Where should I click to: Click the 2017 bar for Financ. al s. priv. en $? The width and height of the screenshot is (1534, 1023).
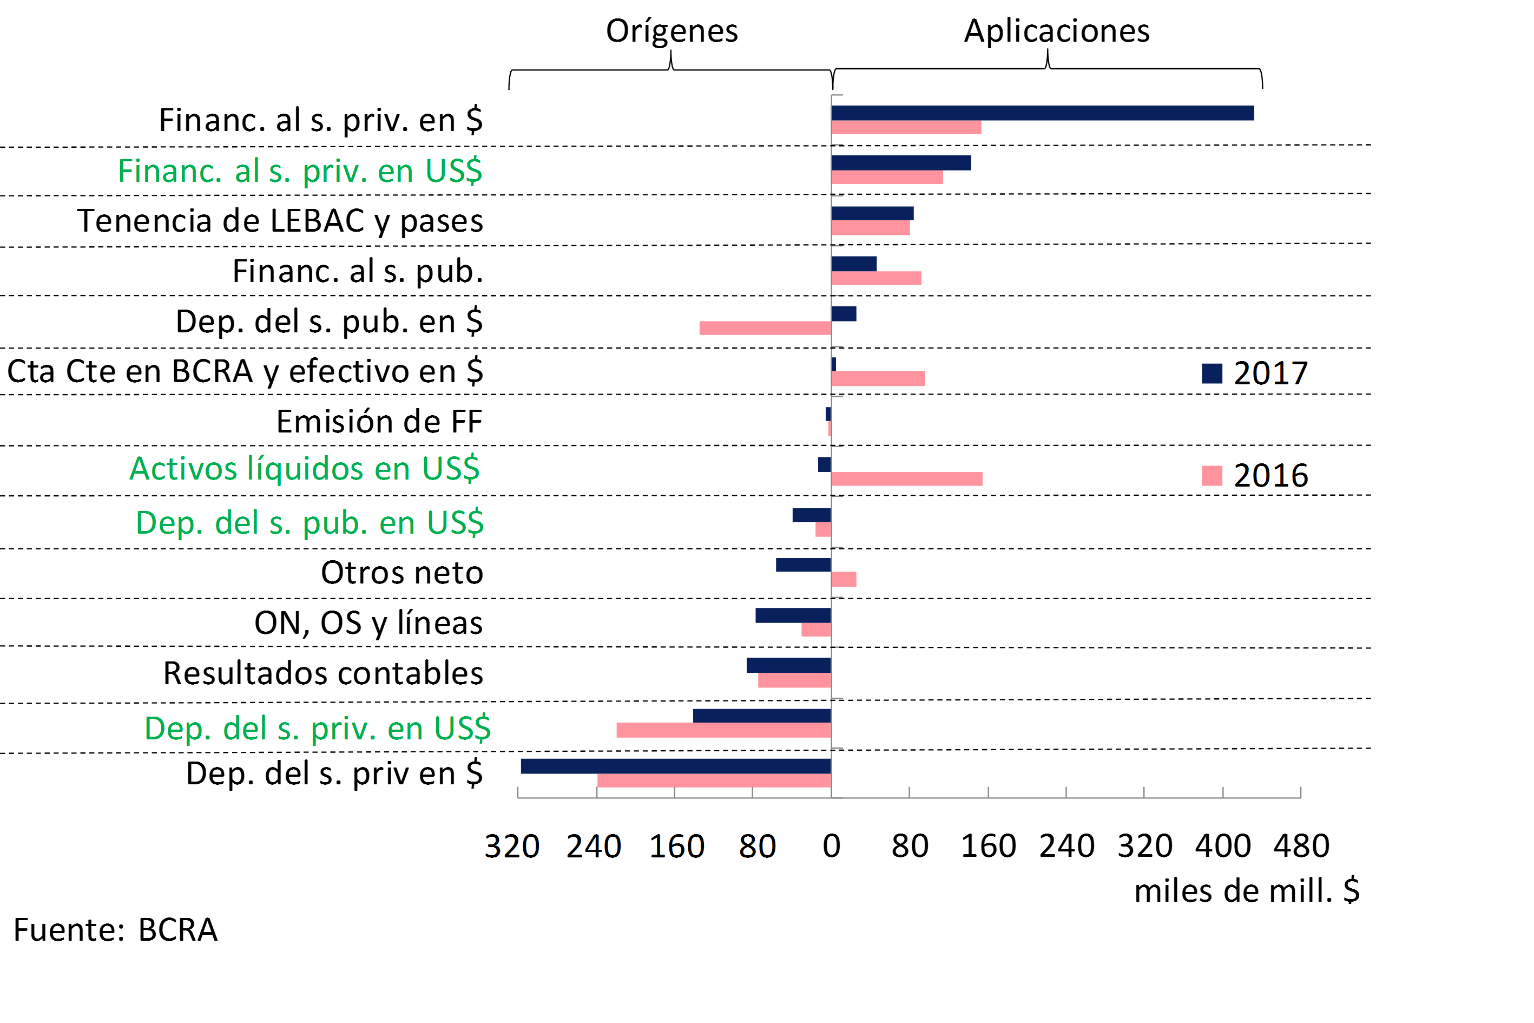1042,113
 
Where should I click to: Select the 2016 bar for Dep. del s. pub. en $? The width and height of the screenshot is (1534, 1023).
765,328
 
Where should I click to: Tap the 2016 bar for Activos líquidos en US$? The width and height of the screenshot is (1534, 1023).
906,479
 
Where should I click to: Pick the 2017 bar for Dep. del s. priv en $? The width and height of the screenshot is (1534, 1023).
676,766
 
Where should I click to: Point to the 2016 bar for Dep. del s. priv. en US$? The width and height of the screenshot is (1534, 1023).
723,730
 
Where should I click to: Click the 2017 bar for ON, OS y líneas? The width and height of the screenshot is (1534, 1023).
793,615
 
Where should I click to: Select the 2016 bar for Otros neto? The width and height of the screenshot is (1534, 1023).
844,579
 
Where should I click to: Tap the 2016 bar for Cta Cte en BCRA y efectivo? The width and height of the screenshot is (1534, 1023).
878,378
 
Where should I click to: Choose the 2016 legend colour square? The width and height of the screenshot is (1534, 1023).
1211,476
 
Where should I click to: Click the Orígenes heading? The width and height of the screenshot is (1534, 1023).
672,31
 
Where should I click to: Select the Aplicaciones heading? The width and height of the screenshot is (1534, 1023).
1057,31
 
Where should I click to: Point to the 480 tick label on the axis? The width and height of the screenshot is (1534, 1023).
1301,846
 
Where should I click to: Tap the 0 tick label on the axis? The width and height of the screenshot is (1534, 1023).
832,846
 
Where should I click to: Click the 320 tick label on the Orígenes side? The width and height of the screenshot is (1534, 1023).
512,846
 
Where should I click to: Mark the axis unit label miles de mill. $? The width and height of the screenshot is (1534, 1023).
1246,890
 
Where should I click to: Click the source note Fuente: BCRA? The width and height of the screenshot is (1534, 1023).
115,930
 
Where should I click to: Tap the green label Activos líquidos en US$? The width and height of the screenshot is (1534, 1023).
305,468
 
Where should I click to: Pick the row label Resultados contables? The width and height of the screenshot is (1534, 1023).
323,673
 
